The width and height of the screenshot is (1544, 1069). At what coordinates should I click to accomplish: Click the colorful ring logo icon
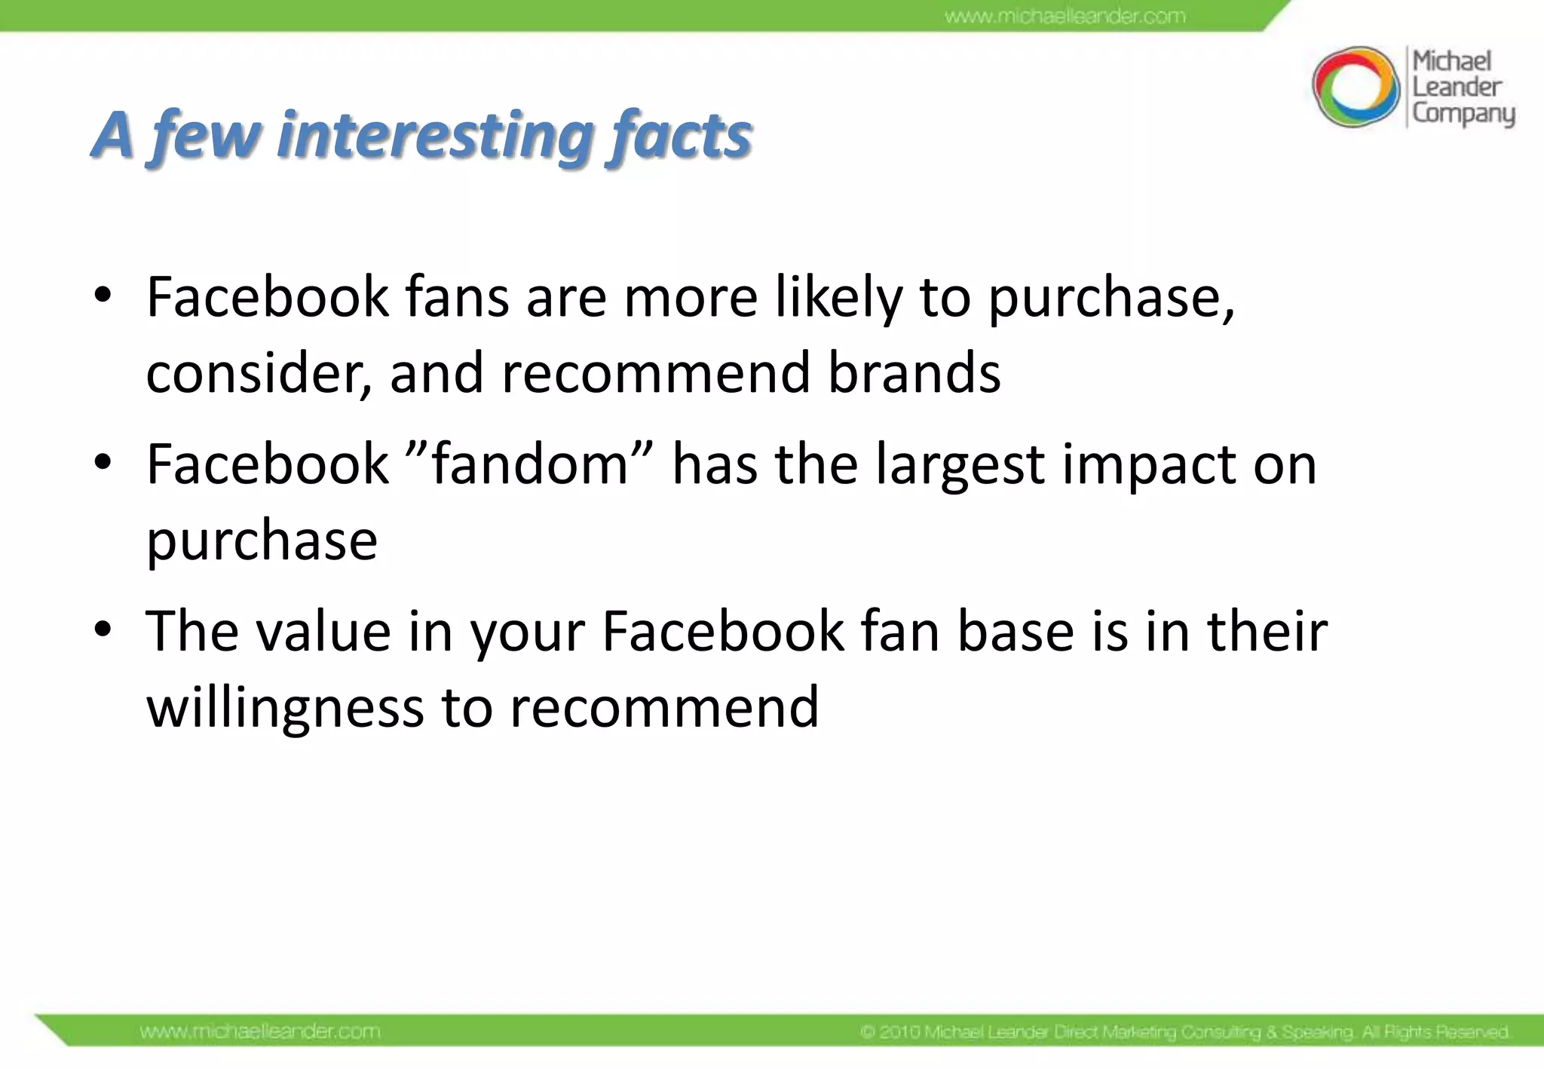(1355, 87)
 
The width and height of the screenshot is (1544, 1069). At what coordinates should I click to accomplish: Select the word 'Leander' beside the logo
(1457, 87)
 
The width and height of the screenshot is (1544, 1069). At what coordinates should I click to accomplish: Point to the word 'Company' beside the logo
(1463, 114)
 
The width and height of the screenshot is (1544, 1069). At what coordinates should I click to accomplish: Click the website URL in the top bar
(1065, 16)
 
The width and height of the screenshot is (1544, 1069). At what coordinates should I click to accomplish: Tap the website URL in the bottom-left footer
(260, 1031)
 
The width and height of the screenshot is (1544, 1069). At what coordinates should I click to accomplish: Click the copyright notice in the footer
(1184, 1031)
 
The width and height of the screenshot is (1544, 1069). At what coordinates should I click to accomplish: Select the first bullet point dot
(103, 295)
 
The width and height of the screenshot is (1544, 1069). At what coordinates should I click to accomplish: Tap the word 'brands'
(914, 372)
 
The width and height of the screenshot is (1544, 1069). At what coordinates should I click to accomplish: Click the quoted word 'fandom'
(529, 464)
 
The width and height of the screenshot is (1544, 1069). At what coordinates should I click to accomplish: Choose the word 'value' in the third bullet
(323, 631)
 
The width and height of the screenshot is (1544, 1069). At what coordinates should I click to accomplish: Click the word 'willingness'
(285, 707)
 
